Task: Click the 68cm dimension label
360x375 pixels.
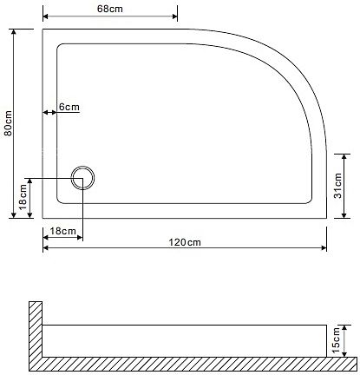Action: pyautogui.click(x=110, y=9)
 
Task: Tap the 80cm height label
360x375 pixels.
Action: pyautogui.click(x=8, y=123)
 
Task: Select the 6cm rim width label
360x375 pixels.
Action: pyautogui.click(x=69, y=107)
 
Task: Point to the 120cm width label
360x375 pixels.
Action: pyautogui.click(x=185, y=242)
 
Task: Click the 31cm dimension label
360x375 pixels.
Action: pyautogui.click(x=337, y=186)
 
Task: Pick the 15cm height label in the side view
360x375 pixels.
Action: pyautogui.click(x=336, y=340)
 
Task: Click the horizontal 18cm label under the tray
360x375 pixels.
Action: pyautogui.click(x=62, y=231)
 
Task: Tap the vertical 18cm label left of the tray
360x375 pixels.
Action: pyautogui.click(x=23, y=197)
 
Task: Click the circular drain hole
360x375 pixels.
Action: pyautogui.click(x=82, y=178)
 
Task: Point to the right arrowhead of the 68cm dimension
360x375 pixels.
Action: pyautogui.click(x=175, y=16)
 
